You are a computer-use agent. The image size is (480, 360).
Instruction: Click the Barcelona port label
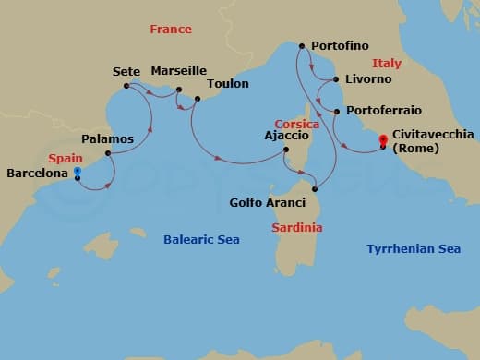pyautogui.click(x=38, y=173)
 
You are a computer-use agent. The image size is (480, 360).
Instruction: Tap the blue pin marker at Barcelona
pyautogui.click(x=78, y=173)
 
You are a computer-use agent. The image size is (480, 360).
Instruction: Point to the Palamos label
pyautogui.click(x=107, y=138)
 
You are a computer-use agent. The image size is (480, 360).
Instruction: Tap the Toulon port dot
pyautogui.click(x=197, y=97)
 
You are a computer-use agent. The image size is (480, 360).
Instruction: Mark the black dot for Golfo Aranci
pyautogui.click(x=316, y=182)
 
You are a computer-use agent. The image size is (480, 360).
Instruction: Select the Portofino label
pyautogui.click(x=342, y=45)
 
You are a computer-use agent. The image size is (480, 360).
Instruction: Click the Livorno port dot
pyautogui.click(x=336, y=79)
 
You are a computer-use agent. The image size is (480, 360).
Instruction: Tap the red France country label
pyautogui.click(x=170, y=30)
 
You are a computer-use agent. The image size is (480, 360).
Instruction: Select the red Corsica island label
pyautogui.click(x=296, y=124)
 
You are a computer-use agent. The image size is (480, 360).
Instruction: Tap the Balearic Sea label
pyautogui.click(x=201, y=240)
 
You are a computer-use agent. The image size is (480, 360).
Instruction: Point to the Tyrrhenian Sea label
pyautogui.click(x=413, y=249)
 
